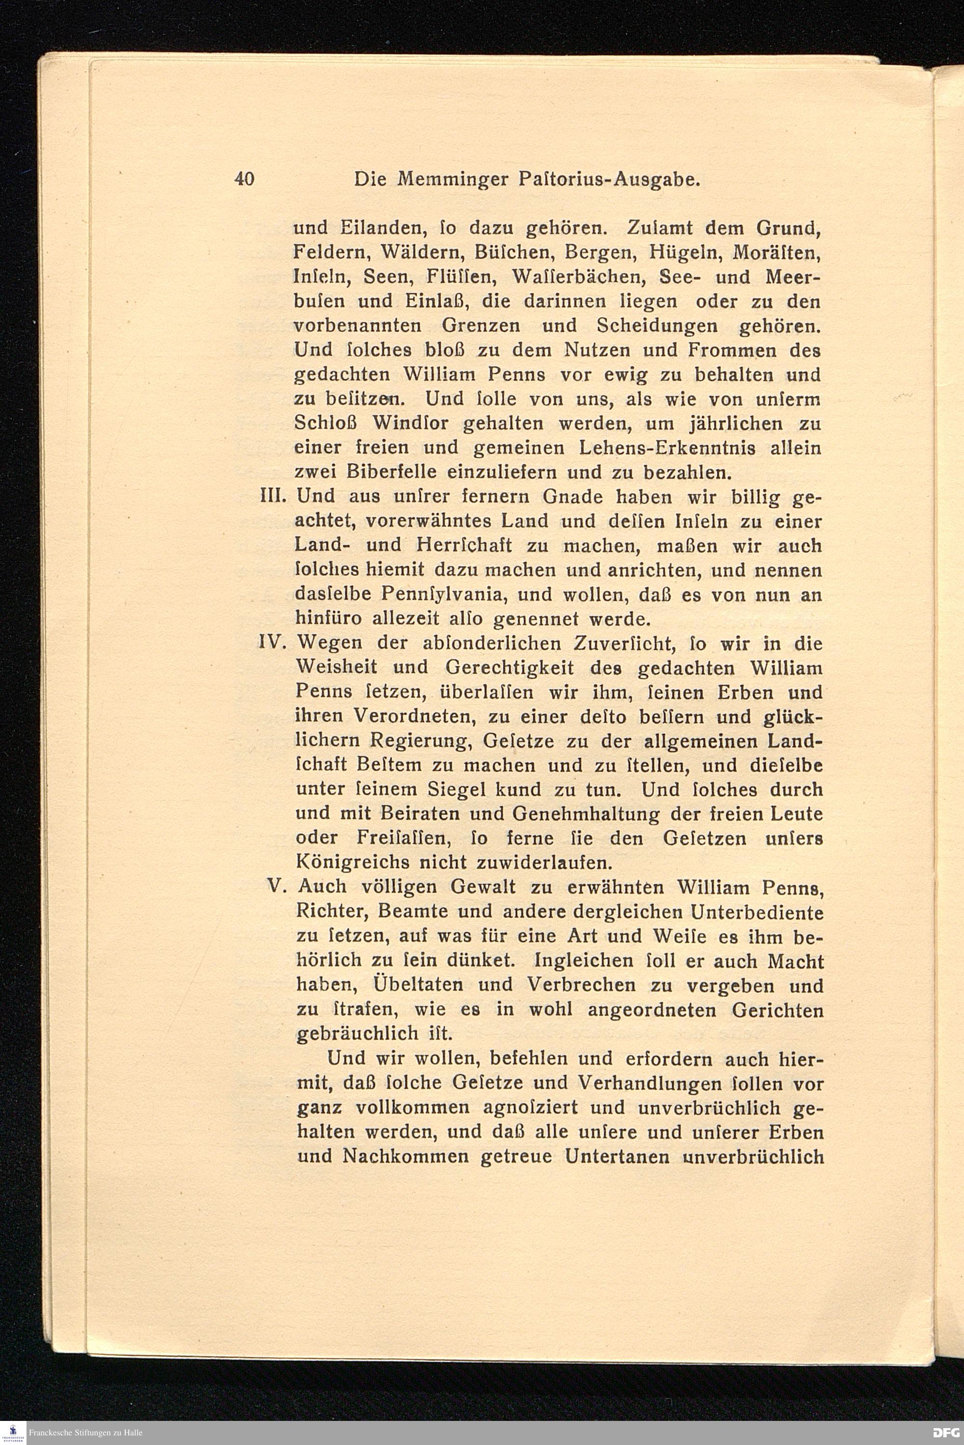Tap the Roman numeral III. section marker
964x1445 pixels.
[272, 497]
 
